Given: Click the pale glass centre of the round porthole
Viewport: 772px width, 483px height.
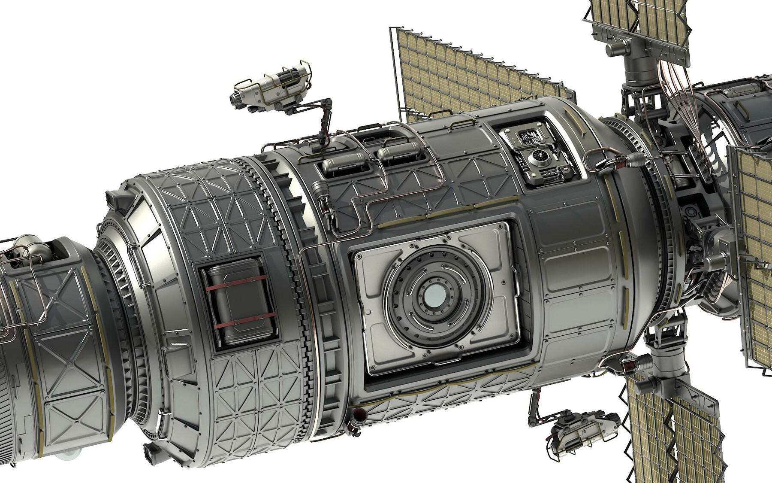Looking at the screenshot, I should (x=434, y=298).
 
